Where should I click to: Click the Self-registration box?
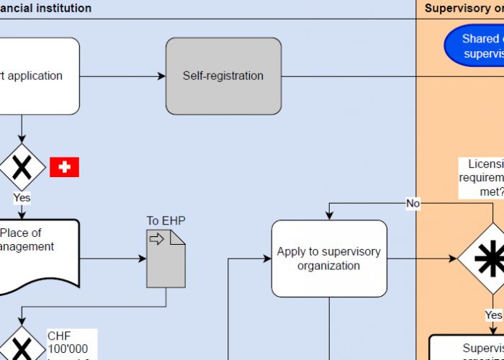click(223, 76)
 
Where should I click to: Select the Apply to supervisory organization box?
click(329, 258)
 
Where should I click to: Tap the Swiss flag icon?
click(64, 167)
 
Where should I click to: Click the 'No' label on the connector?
click(413, 204)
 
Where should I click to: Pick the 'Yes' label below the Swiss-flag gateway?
click(22, 197)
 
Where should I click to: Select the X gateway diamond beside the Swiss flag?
click(22, 167)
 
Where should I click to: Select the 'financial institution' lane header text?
click(46, 9)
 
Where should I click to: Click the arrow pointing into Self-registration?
click(161, 76)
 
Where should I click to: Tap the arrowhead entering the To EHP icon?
click(142, 258)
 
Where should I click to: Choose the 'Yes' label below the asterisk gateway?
click(493, 315)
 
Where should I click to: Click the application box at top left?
click(36, 76)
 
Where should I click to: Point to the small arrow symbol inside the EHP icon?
click(156, 238)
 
